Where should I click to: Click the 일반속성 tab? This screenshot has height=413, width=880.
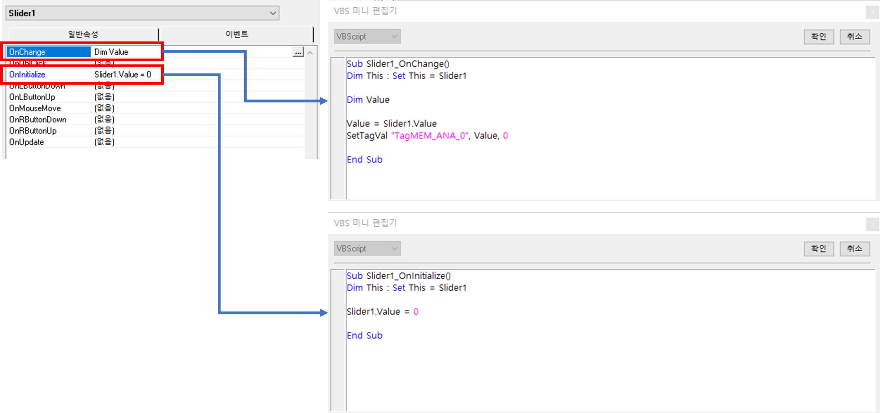pos(83,34)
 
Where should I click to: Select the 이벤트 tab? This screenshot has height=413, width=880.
pos(237,34)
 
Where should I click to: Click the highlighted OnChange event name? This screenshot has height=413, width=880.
pos(27,52)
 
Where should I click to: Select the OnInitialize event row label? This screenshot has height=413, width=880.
pos(27,75)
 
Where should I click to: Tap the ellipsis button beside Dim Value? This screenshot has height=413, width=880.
pos(298,53)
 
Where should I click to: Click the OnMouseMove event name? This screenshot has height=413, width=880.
pos(35,109)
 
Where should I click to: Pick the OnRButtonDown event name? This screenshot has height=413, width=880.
pos(38,120)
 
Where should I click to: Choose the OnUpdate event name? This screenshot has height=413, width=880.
pos(27,142)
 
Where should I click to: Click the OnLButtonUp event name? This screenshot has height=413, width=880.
pos(32,97)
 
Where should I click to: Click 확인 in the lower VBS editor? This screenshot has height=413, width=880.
pos(818,249)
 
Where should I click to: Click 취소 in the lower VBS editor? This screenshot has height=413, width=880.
pos(854,249)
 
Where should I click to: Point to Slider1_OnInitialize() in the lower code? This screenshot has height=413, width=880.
pos(408,276)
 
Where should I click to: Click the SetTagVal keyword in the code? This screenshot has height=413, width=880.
pos(367,136)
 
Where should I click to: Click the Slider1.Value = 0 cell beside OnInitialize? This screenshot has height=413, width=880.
pos(123,75)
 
